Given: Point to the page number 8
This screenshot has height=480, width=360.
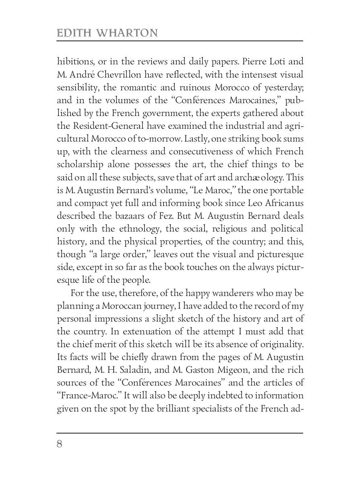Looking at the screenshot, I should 60,444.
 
